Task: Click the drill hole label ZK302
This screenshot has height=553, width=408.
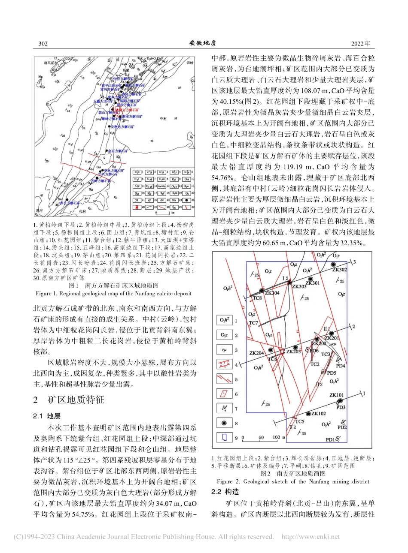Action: coord(339,270)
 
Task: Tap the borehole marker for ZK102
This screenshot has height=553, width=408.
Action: coord(308,414)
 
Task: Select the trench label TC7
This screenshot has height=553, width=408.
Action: coord(253,323)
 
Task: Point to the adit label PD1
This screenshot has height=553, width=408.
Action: coord(330,439)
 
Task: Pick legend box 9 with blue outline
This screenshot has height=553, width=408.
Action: coord(225,438)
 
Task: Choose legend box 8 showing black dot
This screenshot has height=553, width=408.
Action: coord(225,423)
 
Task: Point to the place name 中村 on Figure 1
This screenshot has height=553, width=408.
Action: coord(165,119)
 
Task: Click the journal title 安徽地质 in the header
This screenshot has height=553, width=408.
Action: coord(202,43)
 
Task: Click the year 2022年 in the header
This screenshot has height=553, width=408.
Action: coord(361,44)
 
